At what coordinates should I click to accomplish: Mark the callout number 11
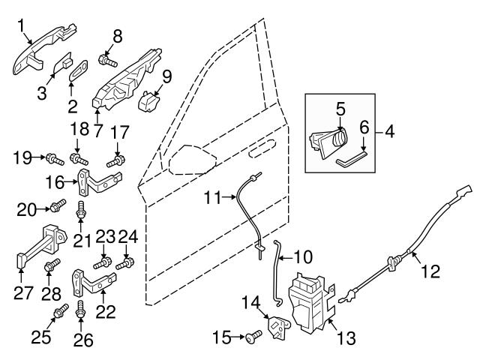pyautogui.click(x=214, y=198)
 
